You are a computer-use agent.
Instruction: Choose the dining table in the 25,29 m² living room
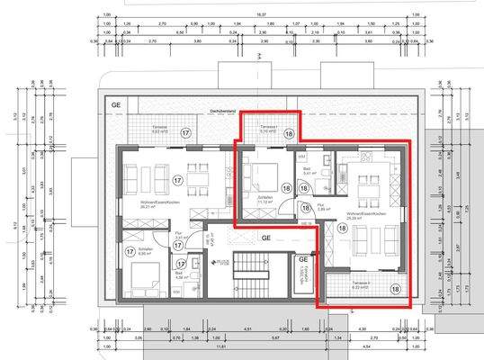(367, 184)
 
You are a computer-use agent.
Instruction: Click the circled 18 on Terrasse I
(289, 132)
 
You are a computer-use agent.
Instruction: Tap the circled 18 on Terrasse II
(395, 288)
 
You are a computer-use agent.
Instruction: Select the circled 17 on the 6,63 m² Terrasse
(185, 133)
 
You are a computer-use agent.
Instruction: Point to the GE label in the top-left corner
(115, 104)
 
